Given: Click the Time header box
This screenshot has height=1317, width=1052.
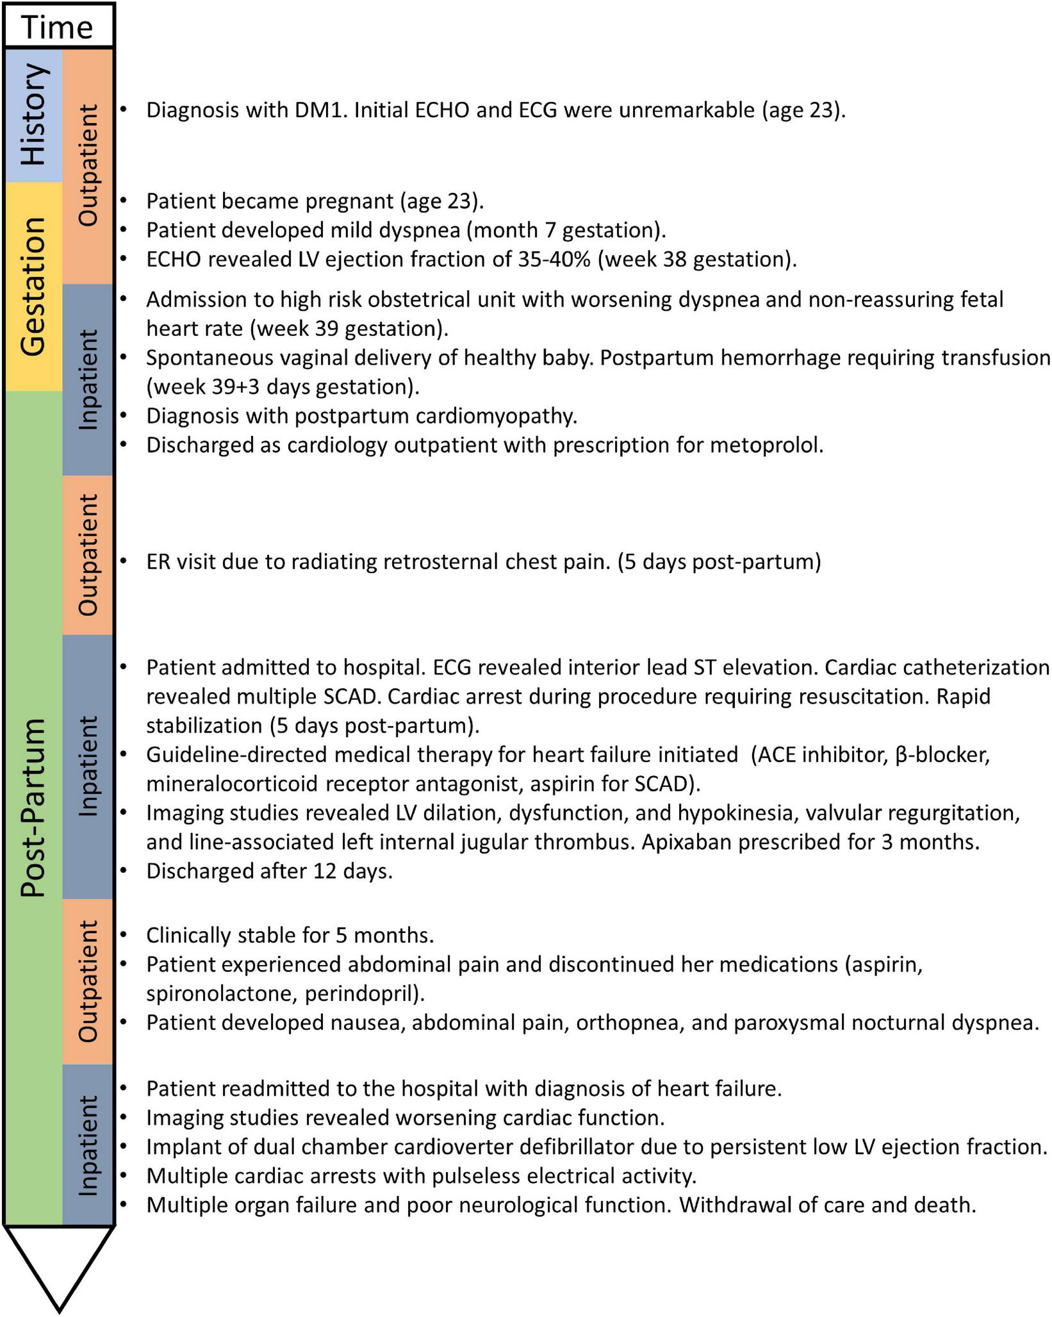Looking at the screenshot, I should tap(58, 26).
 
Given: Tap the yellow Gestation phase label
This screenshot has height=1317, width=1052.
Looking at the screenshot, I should tap(33, 286).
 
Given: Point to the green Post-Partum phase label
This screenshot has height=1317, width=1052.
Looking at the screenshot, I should tap(33, 808).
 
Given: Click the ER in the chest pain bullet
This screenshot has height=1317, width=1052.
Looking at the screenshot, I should tap(158, 561).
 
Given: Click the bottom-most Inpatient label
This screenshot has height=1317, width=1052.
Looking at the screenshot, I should tap(88, 1145).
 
